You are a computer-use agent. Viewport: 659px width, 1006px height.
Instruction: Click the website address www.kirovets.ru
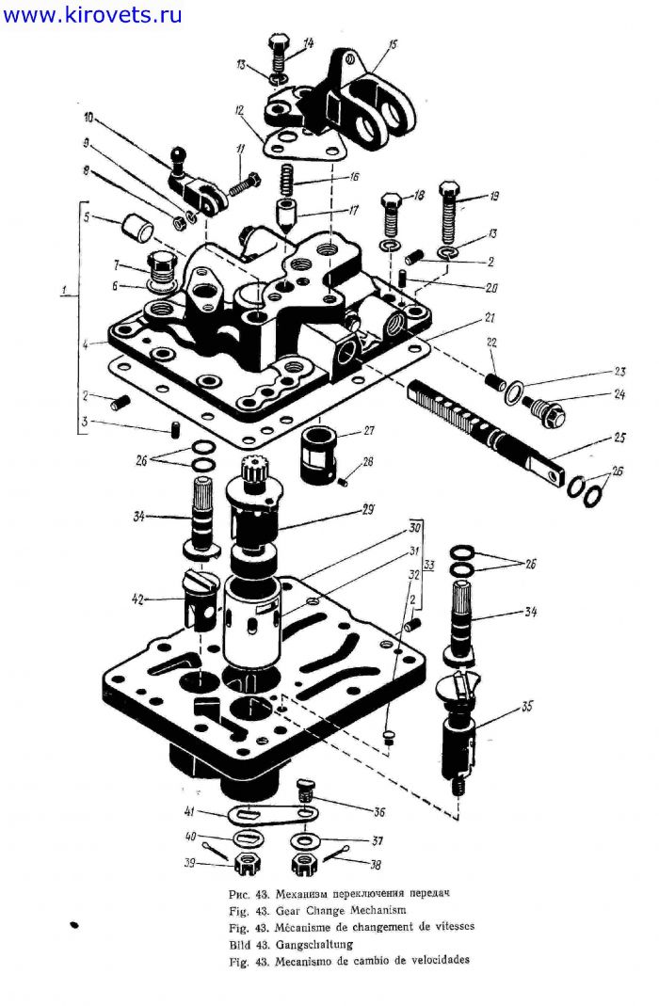[x=92, y=14]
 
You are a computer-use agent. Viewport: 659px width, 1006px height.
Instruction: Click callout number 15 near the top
[x=393, y=44]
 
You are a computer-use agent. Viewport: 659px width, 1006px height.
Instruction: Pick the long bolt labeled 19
[x=450, y=215]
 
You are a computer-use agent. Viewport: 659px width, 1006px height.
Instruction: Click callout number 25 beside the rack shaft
[x=619, y=439]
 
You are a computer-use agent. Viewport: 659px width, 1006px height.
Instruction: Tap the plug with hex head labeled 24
[x=545, y=410]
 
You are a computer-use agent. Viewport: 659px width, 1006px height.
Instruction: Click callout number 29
[x=368, y=510]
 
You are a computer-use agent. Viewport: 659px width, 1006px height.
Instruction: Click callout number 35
[x=526, y=708]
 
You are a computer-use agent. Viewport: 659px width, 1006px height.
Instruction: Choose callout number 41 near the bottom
[x=189, y=811]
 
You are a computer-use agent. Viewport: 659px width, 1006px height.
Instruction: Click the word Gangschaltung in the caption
[x=314, y=945]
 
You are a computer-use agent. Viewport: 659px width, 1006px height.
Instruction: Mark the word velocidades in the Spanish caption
[x=436, y=961]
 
